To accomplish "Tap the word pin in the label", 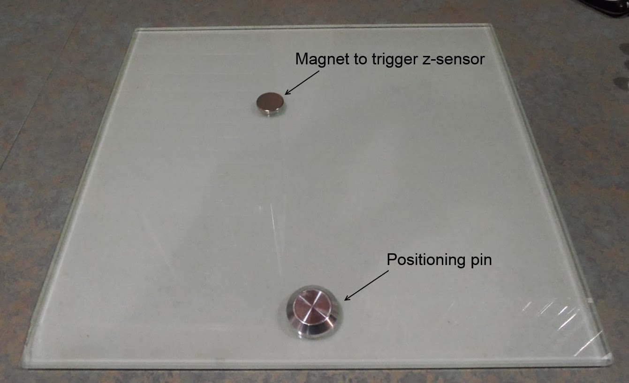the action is pos(480,260).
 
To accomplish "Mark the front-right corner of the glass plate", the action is pos(610,360).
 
